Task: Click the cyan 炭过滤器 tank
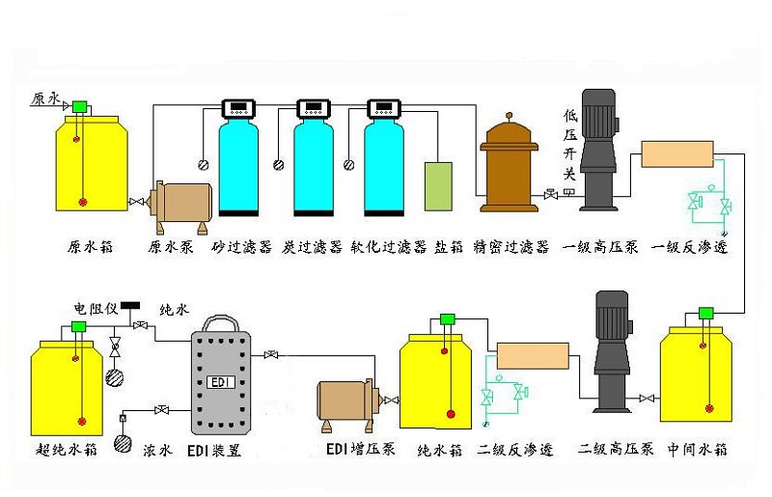pos(313,164)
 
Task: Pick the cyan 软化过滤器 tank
pos(383,164)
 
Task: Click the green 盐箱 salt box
pos(437,185)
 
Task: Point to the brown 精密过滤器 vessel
pos(510,169)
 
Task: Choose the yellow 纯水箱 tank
pos(440,381)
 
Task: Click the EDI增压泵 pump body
pos(346,401)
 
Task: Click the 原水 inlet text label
pos(46,98)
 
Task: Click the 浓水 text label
pos(156,450)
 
